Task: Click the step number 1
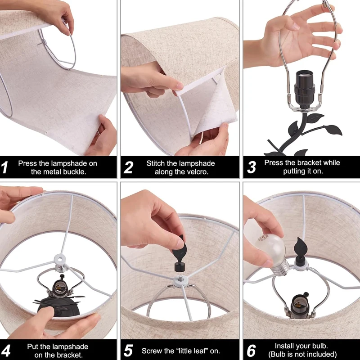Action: pos(4,167)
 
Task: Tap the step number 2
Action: pos(128,167)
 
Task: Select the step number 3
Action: pos(252,167)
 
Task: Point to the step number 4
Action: pos(6,351)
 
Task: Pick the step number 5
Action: pos(128,351)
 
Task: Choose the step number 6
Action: pos(251,351)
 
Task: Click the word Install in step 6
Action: pos(283,346)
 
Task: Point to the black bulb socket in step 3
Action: pos(304,89)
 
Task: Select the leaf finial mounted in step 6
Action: pos(300,252)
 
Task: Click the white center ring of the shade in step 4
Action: pos(60,260)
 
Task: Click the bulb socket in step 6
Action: pos(300,306)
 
